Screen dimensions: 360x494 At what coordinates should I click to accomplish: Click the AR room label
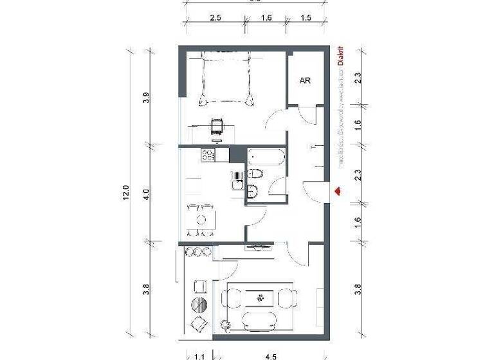306,81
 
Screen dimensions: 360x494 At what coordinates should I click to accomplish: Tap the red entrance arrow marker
337,190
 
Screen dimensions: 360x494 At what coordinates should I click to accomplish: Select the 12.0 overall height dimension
126,193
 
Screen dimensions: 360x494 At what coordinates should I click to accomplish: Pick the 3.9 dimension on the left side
147,98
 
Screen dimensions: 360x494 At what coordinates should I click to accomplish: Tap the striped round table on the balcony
200,303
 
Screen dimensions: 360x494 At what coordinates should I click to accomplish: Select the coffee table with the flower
260,298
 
